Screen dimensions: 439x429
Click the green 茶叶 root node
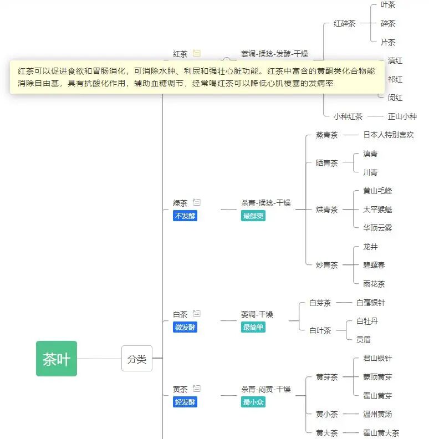[x=57, y=359]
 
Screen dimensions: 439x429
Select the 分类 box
[x=136, y=359]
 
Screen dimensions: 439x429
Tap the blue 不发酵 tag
[x=185, y=216]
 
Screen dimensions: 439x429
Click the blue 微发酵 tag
[x=185, y=327]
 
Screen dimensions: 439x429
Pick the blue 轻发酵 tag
[x=185, y=402]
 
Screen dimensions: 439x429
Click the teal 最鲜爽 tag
[x=253, y=216]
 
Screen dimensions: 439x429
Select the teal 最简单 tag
[x=253, y=327]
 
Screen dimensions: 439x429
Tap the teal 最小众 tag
[x=253, y=402]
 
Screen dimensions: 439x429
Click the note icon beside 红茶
[x=196, y=54]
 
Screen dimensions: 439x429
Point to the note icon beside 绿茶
[x=197, y=202]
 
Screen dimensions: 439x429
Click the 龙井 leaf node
[x=370, y=247]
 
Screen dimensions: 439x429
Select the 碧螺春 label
[x=374, y=266]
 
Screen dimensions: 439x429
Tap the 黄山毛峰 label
[x=377, y=191]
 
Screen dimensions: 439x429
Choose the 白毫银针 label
[x=371, y=303]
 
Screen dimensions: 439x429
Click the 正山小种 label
[x=402, y=116]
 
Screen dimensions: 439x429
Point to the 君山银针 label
[x=377, y=359]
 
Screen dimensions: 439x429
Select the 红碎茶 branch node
[x=344, y=24]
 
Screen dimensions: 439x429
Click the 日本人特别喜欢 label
[x=389, y=135]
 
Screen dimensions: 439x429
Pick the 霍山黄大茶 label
[x=381, y=433]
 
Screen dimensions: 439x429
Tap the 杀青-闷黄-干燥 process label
[x=265, y=389]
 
